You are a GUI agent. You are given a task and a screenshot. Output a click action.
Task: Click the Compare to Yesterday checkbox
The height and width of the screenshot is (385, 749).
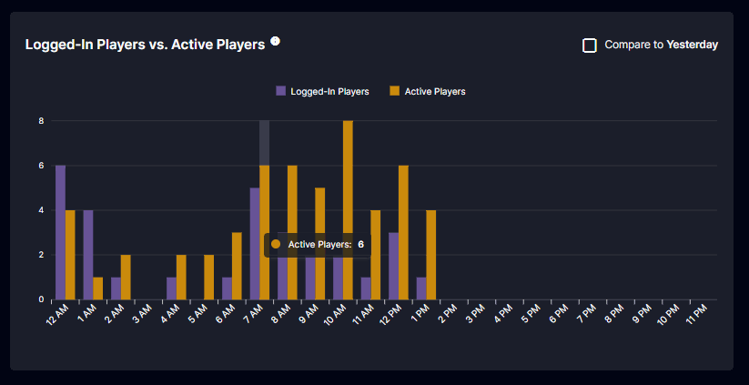590,46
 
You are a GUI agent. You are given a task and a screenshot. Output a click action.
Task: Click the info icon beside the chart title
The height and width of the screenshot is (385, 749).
275,41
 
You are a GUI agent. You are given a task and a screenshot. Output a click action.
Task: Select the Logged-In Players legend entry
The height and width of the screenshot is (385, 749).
322,91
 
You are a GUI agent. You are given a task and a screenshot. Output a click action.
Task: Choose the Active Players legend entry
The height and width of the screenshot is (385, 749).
428,91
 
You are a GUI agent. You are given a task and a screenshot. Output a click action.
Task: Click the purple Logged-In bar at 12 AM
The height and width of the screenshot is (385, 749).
61,232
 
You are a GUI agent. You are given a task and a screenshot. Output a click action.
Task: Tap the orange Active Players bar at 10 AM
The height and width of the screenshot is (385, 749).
348,210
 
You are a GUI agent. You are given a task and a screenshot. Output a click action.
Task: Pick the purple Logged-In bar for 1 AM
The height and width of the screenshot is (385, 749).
88,255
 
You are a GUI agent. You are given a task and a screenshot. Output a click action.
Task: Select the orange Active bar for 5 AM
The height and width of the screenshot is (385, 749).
208,277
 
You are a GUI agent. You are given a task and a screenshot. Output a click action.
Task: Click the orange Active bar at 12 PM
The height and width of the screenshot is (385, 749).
403,232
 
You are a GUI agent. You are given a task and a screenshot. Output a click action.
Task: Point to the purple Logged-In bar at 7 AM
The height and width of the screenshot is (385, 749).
255,244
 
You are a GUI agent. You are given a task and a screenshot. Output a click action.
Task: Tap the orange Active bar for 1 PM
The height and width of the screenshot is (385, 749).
430,255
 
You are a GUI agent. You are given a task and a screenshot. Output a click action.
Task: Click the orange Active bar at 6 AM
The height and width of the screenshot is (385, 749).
237,266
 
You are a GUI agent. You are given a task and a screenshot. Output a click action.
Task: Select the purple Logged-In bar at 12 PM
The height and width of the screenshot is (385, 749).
393,266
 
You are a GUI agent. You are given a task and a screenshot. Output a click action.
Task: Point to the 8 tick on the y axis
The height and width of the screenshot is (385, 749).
42,121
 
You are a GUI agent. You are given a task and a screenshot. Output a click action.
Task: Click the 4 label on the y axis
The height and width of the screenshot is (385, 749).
42,210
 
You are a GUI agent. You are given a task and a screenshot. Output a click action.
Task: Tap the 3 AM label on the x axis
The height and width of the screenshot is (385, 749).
143,313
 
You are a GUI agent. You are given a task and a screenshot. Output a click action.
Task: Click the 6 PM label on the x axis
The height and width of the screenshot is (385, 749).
559,313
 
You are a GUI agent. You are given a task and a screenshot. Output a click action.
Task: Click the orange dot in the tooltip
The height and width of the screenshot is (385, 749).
276,244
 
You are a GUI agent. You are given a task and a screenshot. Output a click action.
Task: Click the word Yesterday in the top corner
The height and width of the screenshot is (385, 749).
693,45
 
